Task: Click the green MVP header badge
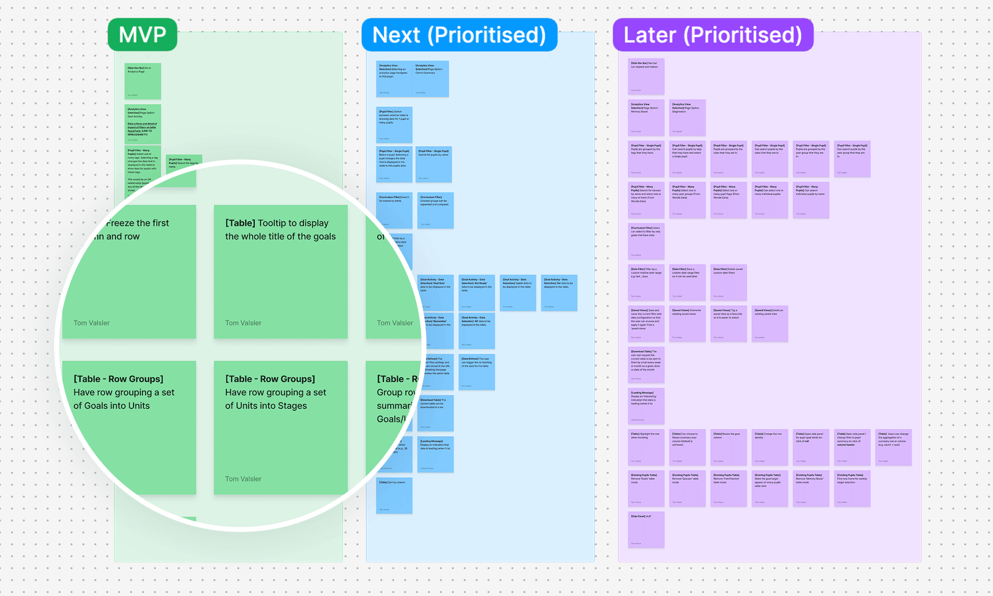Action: pos(142,35)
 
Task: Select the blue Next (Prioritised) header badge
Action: pos(459,35)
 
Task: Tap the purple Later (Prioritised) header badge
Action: pos(713,35)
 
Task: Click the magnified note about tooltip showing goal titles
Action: pos(281,271)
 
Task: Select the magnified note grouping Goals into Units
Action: pos(129,427)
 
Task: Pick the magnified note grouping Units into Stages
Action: pos(281,427)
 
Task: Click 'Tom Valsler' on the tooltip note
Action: pos(243,323)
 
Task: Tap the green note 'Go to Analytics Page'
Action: pos(142,81)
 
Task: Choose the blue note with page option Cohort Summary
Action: pos(431,78)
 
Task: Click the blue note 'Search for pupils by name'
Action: pos(434,164)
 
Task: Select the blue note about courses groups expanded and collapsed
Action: pos(435,211)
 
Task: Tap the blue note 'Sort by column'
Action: pos(394,496)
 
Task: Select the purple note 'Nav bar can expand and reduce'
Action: pos(646,76)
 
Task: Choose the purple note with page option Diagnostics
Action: pos(687,118)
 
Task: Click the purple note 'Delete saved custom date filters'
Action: pos(728,283)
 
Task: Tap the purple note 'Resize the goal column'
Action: pos(728,447)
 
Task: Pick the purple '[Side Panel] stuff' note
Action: pos(646,530)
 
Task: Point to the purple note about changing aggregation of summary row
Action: pos(893,447)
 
